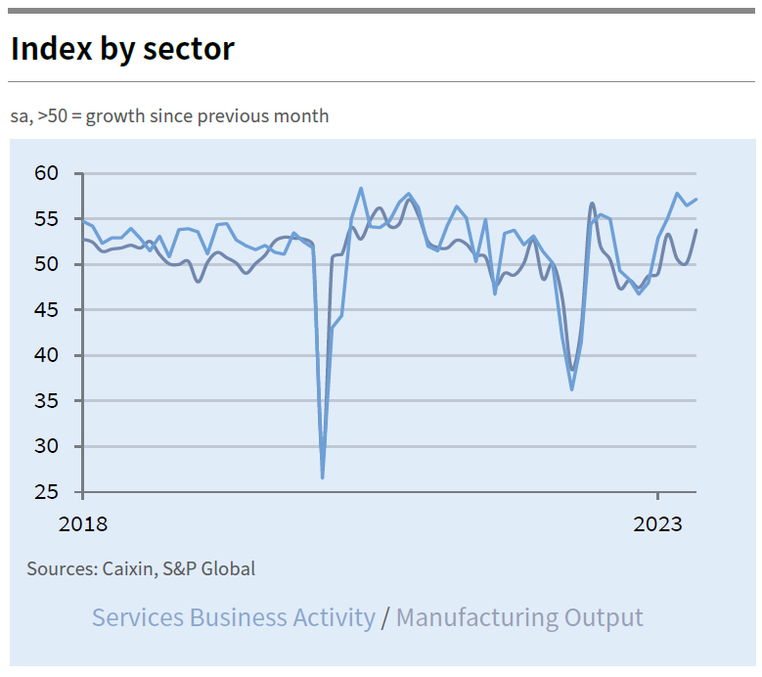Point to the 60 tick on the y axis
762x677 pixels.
pyautogui.click(x=47, y=174)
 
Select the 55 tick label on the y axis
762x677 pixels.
pyautogui.click(x=47, y=219)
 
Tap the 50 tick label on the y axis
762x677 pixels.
pyautogui.click(x=47, y=265)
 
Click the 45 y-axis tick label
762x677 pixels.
pyautogui.click(x=47, y=310)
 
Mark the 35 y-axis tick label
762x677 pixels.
pyautogui.click(x=47, y=401)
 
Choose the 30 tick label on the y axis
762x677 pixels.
pyautogui.click(x=47, y=447)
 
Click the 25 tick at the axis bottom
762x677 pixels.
pyautogui.click(x=47, y=492)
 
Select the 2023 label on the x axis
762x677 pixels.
pyautogui.click(x=658, y=524)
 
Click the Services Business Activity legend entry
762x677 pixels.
pyautogui.click(x=233, y=618)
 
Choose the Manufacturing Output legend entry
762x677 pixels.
pyautogui.click(x=519, y=618)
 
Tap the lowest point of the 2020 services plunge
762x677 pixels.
pyautogui.click(x=323, y=477)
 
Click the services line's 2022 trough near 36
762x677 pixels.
pyautogui.click(x=572, y=389)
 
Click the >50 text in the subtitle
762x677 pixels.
pyautogui.click(x=51, y=116)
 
